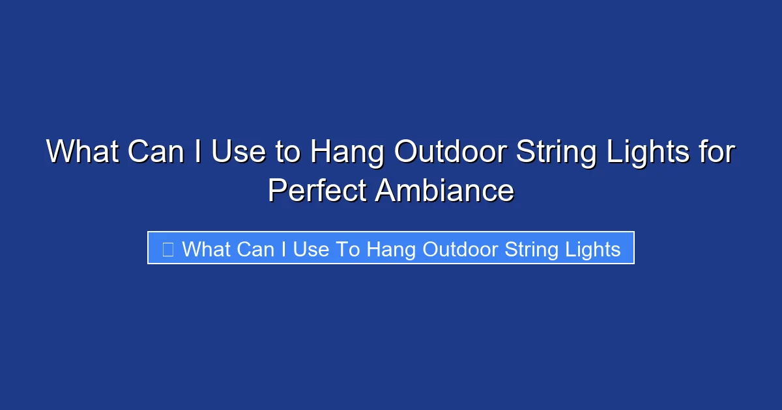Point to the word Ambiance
tap(444, 191)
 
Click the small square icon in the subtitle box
tap(167, 249)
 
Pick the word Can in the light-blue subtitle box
tap(256, 249)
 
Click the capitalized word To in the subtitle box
tap(349, 249)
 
